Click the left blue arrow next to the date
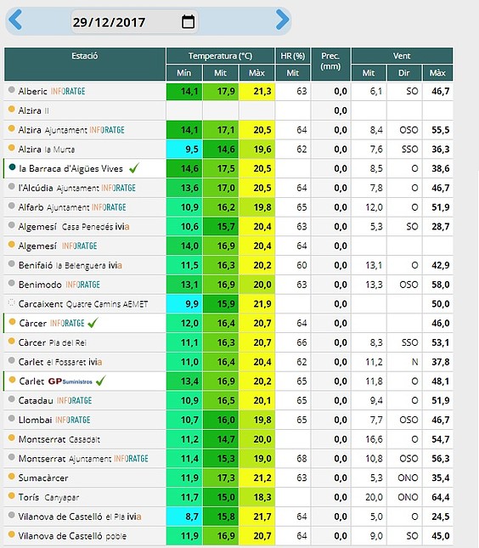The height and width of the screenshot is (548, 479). click(x=15, y=20)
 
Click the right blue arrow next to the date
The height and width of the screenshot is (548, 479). click(x=282, y=20)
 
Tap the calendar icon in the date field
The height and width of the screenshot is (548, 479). click(x=188, y=22)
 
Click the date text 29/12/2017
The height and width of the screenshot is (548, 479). click(x=109, y=22)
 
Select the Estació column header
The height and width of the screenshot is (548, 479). click(x=85, y=56)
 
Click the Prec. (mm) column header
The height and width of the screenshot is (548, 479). click(x=330, y=61)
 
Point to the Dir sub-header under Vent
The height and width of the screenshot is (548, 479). click(x=404, y=73)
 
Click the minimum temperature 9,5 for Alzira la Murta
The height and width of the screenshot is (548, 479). click(x=191, y=150)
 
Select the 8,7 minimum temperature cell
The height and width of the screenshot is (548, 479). click(x=191, y=517)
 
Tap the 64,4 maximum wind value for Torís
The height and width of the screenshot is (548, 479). click(x=440, y=497)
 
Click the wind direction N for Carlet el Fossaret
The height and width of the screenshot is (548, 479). click(x=414, y=362)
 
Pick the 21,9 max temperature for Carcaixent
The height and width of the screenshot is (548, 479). click(x=262, y=303)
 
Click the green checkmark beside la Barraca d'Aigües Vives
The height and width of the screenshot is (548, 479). click(x=134, y=168)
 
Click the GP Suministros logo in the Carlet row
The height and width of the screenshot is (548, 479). click(x=70, y=381)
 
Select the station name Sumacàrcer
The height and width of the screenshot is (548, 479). click(x=43, y=477)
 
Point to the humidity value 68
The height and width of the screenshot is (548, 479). click(x=301, y=459)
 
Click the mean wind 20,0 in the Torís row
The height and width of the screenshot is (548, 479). click(x=374, y=497)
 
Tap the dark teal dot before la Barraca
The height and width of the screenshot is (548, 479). click(x=12, y=167)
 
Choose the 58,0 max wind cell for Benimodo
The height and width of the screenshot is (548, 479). click(x=440, y=285)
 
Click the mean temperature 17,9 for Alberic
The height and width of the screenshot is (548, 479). click(x=226, y=91)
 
